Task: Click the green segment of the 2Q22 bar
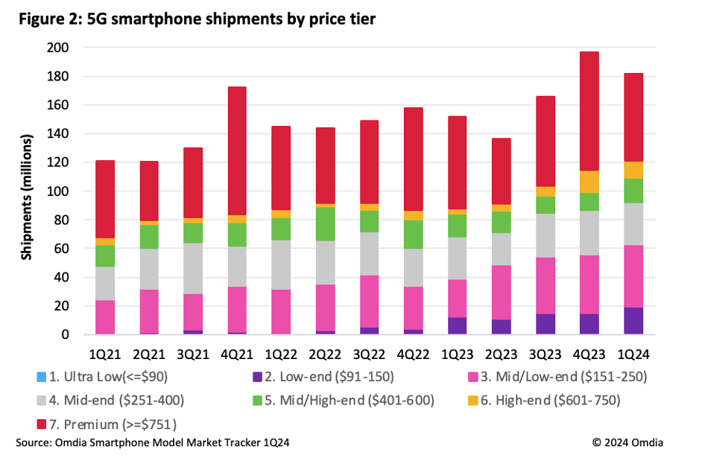pyautogui.click(x=326, y=224)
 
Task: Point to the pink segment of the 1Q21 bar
pyautogui.click(x=105, y=317)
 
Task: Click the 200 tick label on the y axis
pyautogui.click(x=57, y=48)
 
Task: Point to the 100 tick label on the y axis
pyautogui.click(x=57, y=191)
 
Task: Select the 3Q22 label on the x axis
pyautogui.click(x=370, y=349)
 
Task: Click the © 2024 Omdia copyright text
pyautogui.click(x=628, y=442)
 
